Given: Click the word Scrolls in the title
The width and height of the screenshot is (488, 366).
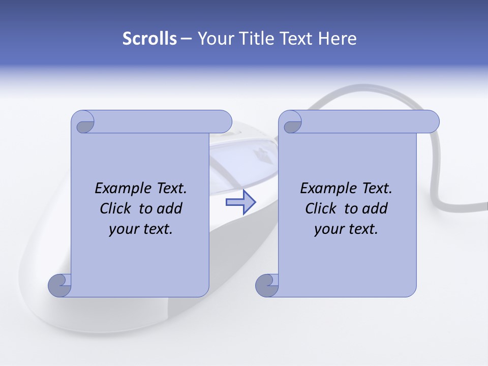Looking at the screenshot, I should coord(150,39).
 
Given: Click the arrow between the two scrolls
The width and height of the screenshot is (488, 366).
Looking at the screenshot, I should coord(240,202).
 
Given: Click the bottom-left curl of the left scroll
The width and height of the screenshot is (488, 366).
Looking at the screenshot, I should coord(59,285).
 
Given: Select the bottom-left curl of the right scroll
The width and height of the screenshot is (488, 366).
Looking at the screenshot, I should coord(267,285).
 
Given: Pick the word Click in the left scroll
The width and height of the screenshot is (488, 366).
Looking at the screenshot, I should coord(116,208).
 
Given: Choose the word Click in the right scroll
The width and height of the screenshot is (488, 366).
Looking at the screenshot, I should coord(322,208).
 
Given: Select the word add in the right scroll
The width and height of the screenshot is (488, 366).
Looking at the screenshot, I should coord(376,208).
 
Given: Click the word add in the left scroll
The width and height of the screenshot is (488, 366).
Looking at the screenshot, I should coord(170,208).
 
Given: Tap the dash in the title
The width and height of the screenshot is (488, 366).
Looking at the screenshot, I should coord(186,39).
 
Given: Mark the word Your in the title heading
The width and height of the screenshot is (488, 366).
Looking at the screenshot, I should coord(214,39).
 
